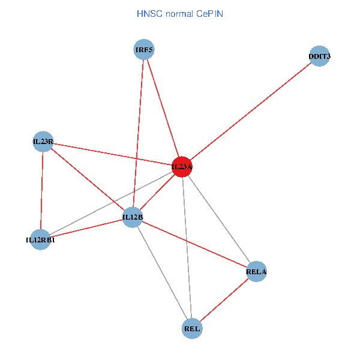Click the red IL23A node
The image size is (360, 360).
182,166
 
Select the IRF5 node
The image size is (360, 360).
144,49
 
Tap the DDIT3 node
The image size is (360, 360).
319,56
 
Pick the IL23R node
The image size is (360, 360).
43,142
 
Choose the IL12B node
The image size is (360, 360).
133,217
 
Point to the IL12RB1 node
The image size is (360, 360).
40,239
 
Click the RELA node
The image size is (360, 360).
256,272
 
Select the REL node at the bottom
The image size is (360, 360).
192,328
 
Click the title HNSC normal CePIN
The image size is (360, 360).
180,13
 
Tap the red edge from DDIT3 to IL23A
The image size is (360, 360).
251,111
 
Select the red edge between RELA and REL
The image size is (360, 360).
224,300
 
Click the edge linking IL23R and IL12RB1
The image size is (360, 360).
42,191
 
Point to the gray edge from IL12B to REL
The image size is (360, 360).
162,272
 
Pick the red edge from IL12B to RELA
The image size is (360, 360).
194,244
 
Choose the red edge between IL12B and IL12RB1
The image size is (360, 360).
86,228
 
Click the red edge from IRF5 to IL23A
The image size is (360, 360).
163,108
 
